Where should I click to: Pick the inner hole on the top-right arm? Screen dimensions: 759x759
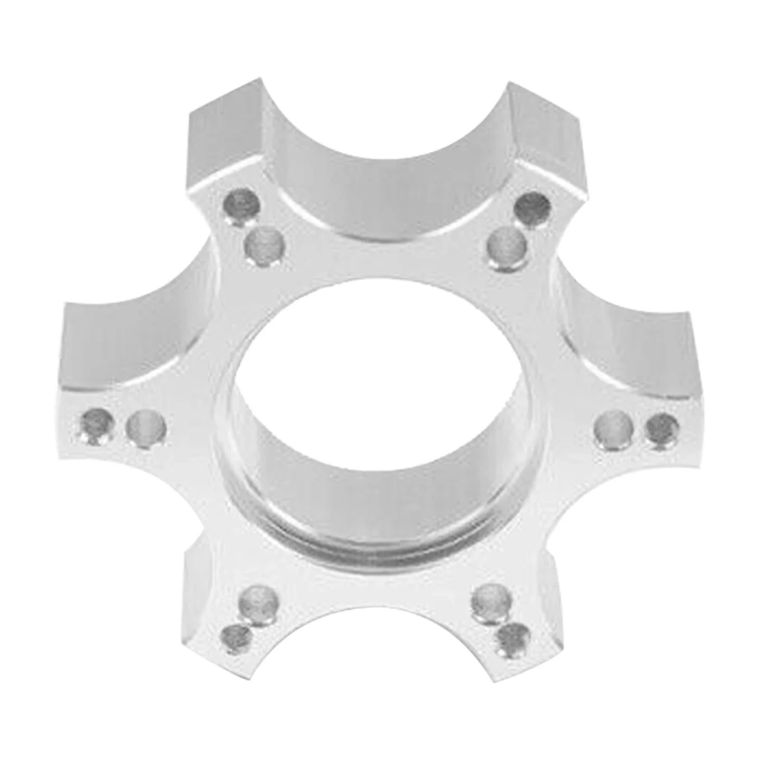pos(507,246)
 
